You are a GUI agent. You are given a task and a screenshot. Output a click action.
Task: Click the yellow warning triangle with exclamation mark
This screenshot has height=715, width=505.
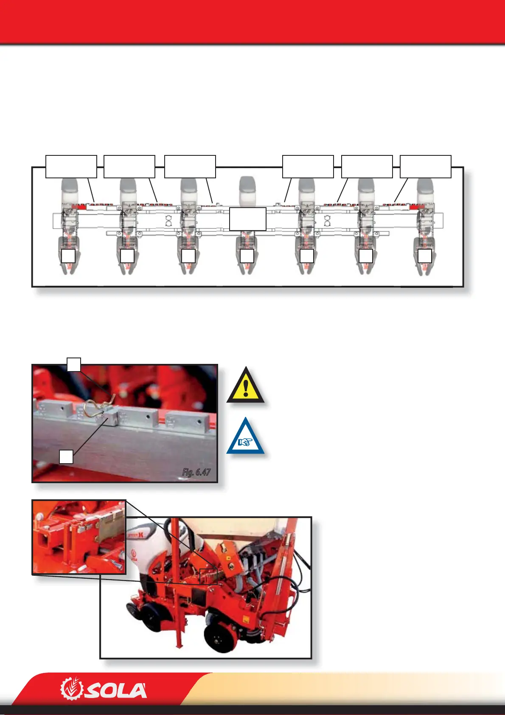pyautogui.click(x=245, y=388)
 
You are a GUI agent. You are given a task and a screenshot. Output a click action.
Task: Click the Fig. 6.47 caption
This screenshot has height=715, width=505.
pyautogui.click(x=196, y=472)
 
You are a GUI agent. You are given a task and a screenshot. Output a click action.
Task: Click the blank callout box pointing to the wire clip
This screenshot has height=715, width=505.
pyautogui.click(x=74, y=364)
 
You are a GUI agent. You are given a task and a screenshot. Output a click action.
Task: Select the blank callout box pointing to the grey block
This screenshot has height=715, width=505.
pyautogui.click(x=66, y=457)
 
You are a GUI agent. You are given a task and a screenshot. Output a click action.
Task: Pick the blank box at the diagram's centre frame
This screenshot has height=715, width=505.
pyautogui.click(x=248, y=219)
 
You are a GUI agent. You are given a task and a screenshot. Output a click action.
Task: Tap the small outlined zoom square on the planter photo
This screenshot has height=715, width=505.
pyautogui.click(x=208, y=577)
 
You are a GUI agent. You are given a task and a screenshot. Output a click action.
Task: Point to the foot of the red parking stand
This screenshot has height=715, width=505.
pyautogui.click(x=180, y=646)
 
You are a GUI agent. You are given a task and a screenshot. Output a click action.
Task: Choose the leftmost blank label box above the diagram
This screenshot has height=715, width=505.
pyautogui.click(x=71, y=166)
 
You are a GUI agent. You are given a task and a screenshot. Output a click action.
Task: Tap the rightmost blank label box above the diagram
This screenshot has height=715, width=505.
pyautogui.click(x=426, y=166)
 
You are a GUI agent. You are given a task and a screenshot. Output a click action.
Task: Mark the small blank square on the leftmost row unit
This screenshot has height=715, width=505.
pyautogui.click(x=68, y=256)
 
